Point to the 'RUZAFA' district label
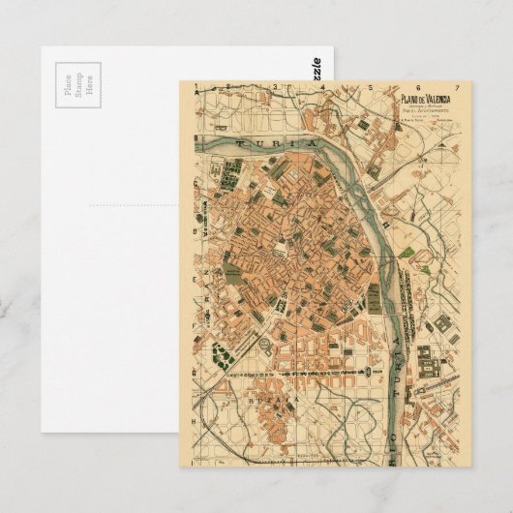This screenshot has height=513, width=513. [x=275, y=398]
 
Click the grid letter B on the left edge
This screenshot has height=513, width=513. [x=193, y=230]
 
